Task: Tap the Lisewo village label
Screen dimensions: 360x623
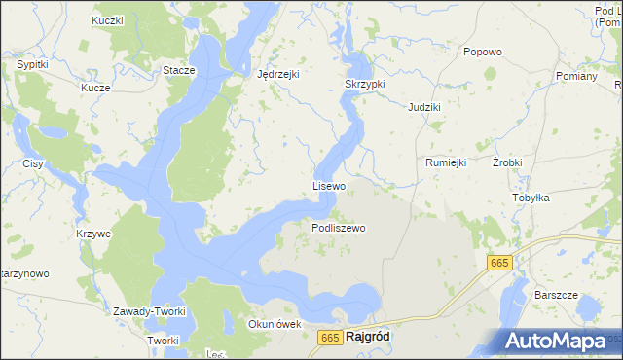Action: pyautogui.click(x=329, y=185)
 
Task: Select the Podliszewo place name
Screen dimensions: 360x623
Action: pyautogui.click(x=338, y=228)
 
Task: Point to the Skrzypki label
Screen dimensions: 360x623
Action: pyautogui.click(x=365, y=85)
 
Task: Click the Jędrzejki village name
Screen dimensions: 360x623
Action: pyautogui.click(x=278, y=74)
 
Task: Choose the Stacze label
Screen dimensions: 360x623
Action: pyautogui.click(x=179, y=71)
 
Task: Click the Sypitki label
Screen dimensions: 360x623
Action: pyautogui.click(x=34, y=64)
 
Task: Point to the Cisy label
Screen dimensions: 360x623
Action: pyautogui.click(x=33, y=163)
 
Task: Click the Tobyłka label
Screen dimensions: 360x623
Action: pyautogui.click(x=531, y=198)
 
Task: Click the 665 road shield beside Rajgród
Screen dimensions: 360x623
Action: pyautogui.click(x=330, y=338)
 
